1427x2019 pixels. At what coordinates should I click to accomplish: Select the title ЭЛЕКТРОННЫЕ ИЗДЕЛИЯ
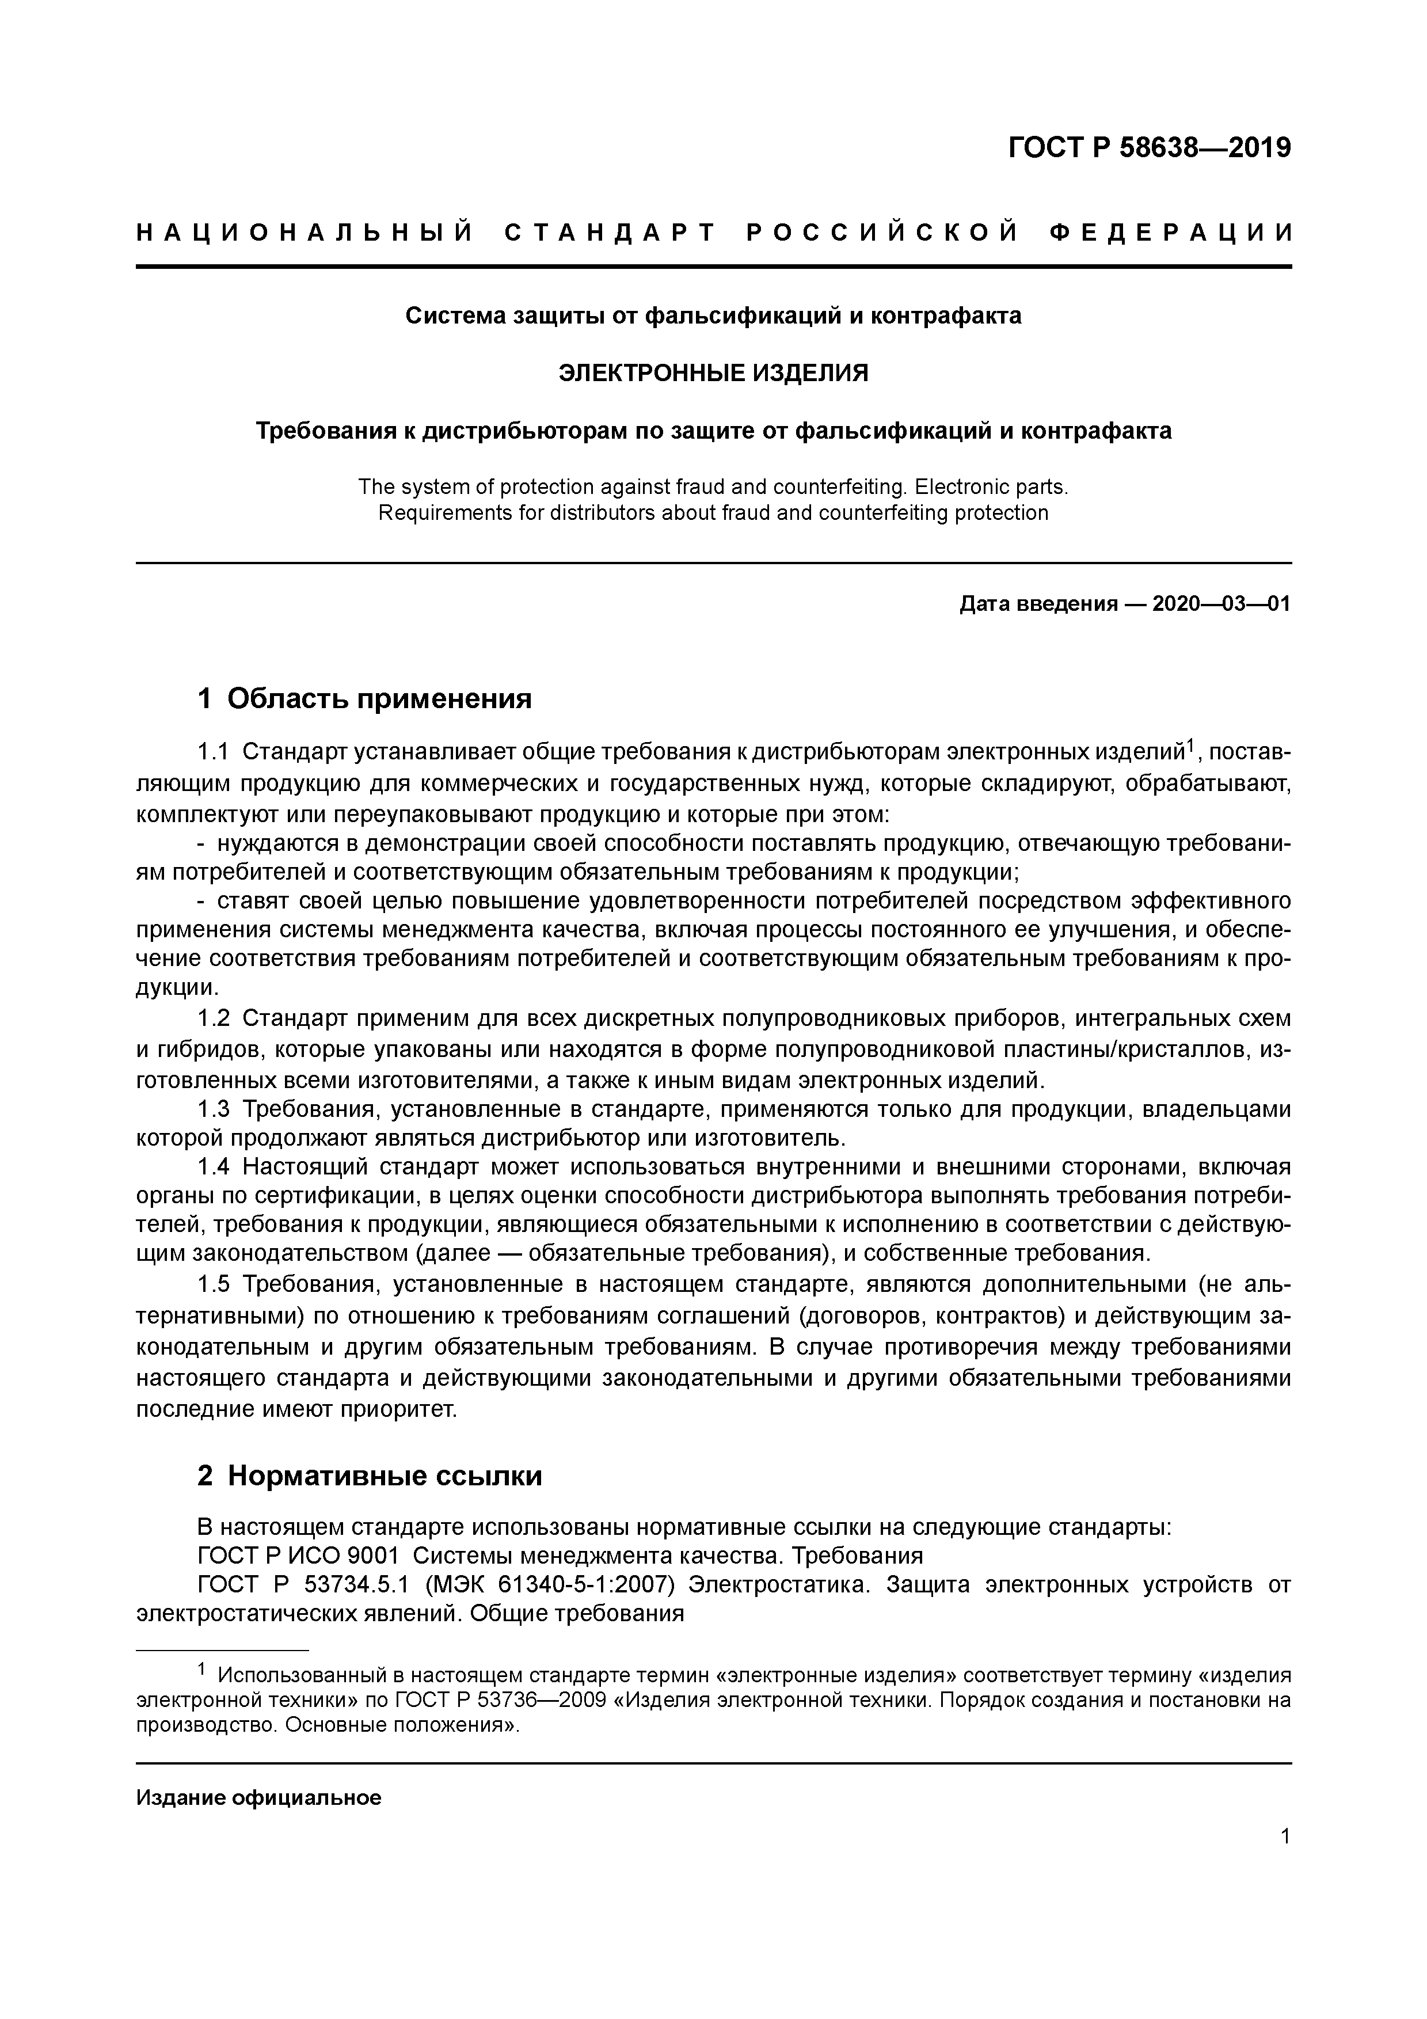713,374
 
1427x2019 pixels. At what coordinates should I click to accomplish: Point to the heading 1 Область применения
365,699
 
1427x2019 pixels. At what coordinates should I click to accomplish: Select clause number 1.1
213,752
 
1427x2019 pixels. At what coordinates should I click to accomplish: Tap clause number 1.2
213,1019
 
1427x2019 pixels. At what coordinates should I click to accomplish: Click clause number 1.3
213,1110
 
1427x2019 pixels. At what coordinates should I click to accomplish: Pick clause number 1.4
213,1168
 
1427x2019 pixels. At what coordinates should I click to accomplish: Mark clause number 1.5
213,1285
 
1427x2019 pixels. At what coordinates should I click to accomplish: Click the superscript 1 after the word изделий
1190,746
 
